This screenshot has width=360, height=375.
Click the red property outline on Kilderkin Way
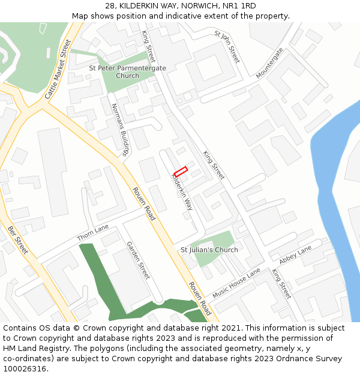[x=181, y=171]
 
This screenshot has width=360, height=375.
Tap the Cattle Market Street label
[x=58, y=69]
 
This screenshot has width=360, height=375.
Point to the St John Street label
[x=227, y=47]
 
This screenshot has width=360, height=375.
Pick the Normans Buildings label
[x=120, y=130]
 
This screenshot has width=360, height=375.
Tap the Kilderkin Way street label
[x=182, y=190]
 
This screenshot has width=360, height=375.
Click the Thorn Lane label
[x=93, y=233]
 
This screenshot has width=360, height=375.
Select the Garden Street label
[x=138, y=260]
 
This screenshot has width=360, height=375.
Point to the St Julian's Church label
[x=209, y=250]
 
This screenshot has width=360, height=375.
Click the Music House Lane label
[x=236, y=283]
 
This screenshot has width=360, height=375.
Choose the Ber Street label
[x=18, y=239]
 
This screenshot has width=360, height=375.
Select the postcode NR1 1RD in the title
[x=241, y=6]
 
